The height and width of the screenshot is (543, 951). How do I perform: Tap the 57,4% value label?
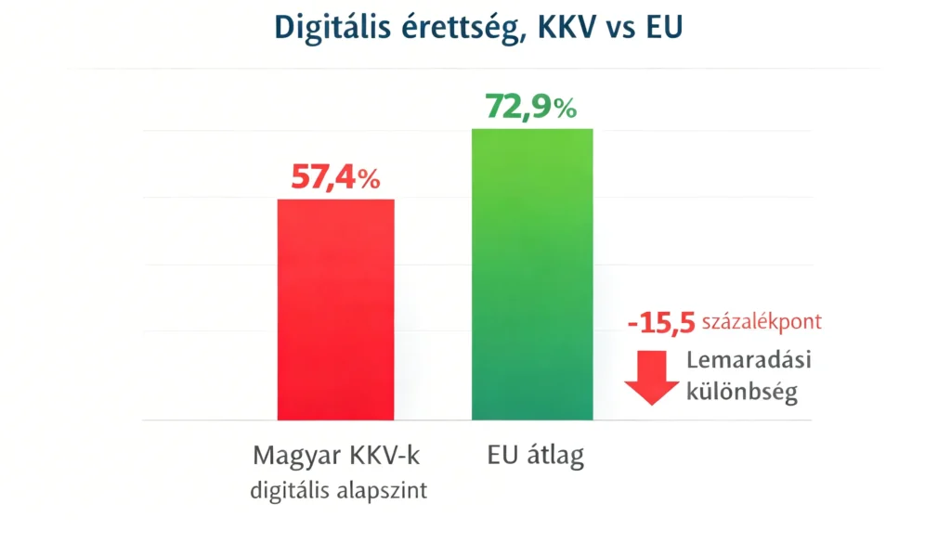(335, 176)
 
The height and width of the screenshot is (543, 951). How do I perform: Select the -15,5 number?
(660, 324)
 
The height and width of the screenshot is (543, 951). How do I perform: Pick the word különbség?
(741, 393)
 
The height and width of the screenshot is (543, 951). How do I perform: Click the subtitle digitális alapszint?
(338, 490)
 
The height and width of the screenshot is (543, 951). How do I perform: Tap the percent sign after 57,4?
(370, 179)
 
